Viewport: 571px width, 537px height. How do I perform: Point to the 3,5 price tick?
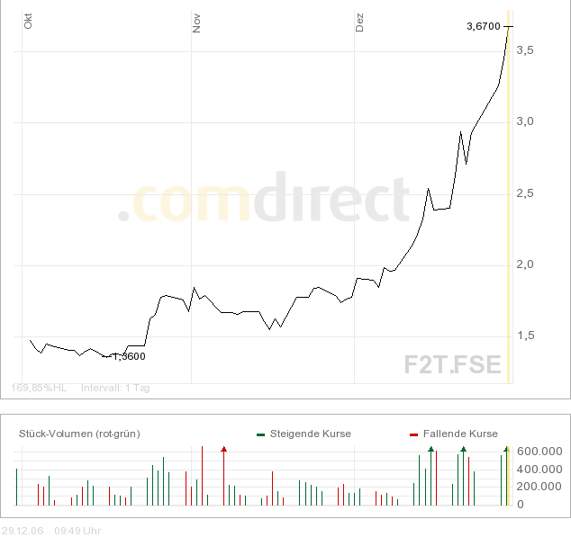pyautogui.click(x=524, y=50)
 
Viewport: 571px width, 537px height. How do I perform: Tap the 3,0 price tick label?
pyautogui.click(x=524, y=121)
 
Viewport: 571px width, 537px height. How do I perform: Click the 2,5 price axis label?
pyautogui.click(x=524, y=193)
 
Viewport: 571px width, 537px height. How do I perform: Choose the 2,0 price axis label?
pyautogui.click(x=524, y=264)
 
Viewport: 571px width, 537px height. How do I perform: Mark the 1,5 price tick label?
pyautogui.click(x=524, y=336)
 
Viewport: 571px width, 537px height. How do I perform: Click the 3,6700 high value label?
pyautogui.click(x=484, y=26)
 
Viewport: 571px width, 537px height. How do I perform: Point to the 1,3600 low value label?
pyautogui.click(x=129, y=356)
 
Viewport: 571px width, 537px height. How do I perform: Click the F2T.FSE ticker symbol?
pyautogui.click(x=452, y=364)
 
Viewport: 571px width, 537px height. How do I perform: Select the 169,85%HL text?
pyautogui.click(x=39, y=389)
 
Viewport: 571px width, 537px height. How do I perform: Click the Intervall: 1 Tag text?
pyautogui.click(x=115, y=389)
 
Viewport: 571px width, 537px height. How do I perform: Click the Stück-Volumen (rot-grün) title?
pyautogui.click(x=79, y=434)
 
